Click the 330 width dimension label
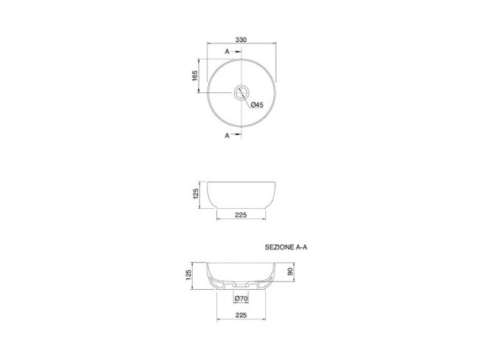pyautogui.click(x=241, y=40)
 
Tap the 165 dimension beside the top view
pyautogui.click(x=195, y=75)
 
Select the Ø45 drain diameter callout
pyautogui.click(x=257, y=105)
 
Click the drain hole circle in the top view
pyautogui.click(x=241, y=86)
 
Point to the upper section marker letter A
pyautogui.click(x=227, y=52)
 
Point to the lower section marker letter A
pyautogui.click(x=227, y=136)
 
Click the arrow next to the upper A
pyautogui.click(x=236, y=52)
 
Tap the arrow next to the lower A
pyautogui.click(x=236, y=134)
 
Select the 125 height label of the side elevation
pyautogui.click(x=196, y=194)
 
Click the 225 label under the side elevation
pyautogui.click(x=241, y=215)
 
